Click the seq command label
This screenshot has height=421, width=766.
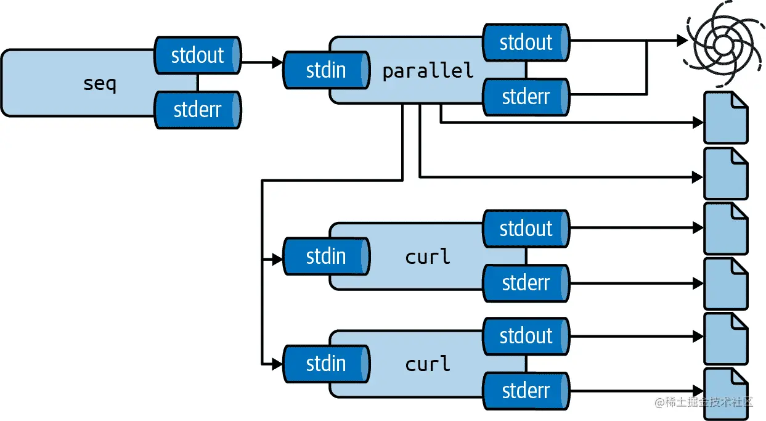pos(99,83)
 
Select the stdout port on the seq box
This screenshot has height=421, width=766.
pos(198,55)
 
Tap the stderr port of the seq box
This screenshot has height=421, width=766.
pos(198,110)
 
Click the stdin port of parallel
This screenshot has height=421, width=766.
pos(326,70)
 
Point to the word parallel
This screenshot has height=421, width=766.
pos(428,70)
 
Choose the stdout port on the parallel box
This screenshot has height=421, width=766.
pos(526,43)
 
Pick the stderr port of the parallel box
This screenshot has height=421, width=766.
pos(526,97)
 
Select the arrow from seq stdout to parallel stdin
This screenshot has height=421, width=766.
pos(262,62)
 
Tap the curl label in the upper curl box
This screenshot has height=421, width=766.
pos(428,256)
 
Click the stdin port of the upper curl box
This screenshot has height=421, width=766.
pos(326,256)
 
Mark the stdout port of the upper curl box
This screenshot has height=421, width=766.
pos(526,229)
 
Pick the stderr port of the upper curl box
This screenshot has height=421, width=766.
pos(526,283)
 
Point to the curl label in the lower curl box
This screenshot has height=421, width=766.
pos(428,364)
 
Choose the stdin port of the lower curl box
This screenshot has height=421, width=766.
pos(326,364)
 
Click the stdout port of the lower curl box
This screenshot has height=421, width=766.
pos(526,336)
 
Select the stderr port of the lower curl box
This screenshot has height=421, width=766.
pos(526,390)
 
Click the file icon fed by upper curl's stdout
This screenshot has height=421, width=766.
pos(725,229)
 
